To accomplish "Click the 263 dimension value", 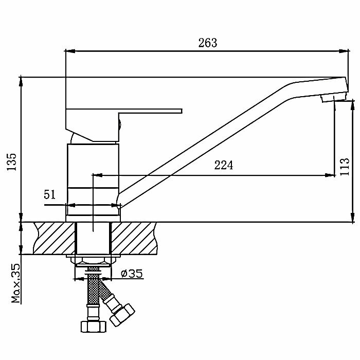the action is tap(208, 43).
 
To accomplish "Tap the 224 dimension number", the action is tap(224, 166).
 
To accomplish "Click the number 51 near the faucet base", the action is tap(50, 194).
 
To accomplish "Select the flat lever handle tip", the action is tap(177, 110).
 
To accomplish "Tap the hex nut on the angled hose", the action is tap(122, 314).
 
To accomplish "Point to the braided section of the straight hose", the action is tap(93, 289).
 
